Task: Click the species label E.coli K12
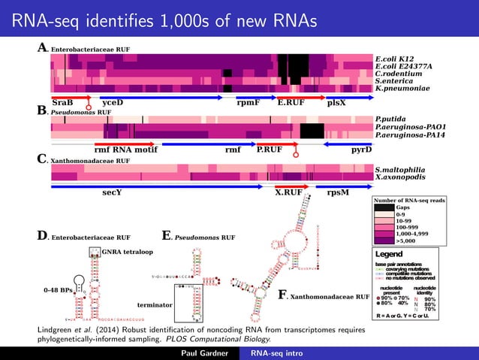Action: pos(395,57)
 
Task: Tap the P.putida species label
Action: pos(390,119)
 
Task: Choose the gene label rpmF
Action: pos(248,103)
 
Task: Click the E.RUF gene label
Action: pos(291,103)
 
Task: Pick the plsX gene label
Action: pos(337,103)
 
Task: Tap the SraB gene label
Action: pos(63,103)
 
